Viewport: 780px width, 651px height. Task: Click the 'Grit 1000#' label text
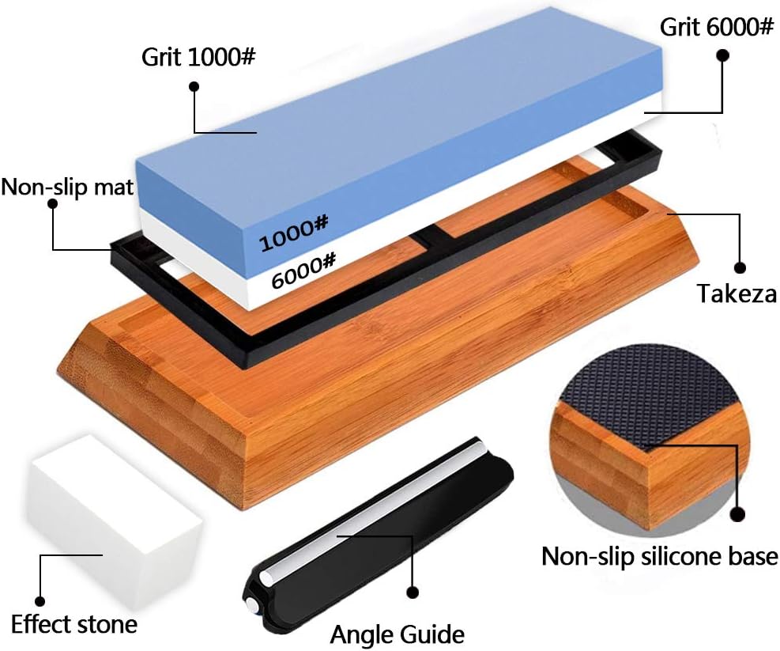(198, 58)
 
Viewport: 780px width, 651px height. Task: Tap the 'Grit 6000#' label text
(716, 28)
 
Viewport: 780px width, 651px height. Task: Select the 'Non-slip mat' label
(67, 187)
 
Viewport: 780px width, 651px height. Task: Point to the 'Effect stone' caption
(74, 625)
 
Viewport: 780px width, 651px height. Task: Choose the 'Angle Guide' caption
(398, 634)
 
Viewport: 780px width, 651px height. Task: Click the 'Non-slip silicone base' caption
(660, 556)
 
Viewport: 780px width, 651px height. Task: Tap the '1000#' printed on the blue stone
(294, 233)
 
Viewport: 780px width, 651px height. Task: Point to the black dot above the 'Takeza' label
(740, 268)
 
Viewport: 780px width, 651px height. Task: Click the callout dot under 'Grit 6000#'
(722, 55)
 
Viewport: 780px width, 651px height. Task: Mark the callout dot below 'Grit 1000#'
(194, 87)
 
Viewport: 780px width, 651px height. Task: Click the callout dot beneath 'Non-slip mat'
(53, 204)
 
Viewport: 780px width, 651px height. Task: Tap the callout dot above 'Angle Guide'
(412, 592)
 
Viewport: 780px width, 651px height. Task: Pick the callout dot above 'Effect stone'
(40, 602)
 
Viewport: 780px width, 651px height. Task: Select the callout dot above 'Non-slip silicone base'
(739, 514)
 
